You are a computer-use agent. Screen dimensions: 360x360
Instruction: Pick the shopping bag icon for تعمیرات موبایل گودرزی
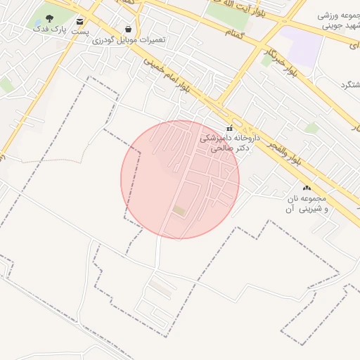128,29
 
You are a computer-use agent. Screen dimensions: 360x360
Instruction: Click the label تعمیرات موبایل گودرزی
129,40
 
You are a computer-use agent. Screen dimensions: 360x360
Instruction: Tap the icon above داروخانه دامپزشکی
229,127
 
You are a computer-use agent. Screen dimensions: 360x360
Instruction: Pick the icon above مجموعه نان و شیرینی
306,188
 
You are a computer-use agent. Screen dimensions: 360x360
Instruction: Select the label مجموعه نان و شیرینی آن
306,204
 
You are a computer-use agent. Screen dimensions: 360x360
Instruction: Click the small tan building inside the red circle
180,210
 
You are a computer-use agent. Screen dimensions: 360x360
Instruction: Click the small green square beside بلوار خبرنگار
266,60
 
